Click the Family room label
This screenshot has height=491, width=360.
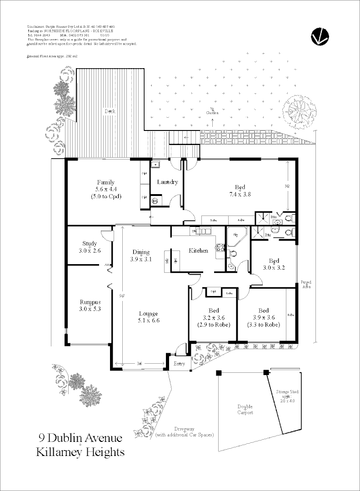[105, 183]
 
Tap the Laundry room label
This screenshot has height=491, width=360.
[167, 182]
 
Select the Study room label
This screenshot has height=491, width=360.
[90, 244]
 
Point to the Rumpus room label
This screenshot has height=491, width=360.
[90, 302]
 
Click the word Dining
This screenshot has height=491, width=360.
[141, 252]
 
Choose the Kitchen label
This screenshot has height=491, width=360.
[198, 251]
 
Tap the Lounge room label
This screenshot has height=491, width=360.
[149, 314]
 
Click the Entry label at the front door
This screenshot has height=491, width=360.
[180, 363]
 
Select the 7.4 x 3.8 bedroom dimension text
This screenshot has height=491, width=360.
[240, 194]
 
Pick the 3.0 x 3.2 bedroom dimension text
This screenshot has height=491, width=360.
[274, 268]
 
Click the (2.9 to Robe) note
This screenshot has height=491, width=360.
[214, 325]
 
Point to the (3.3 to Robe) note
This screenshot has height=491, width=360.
[264, 325]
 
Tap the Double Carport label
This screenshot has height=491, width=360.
[245, 410]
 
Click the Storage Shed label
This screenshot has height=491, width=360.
[287, 391]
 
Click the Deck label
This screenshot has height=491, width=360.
[110, 111]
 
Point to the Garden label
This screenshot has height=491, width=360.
[212, 113]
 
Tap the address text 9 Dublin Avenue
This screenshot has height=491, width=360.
[80, 439]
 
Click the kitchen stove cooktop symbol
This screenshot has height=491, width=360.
[220, 248]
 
